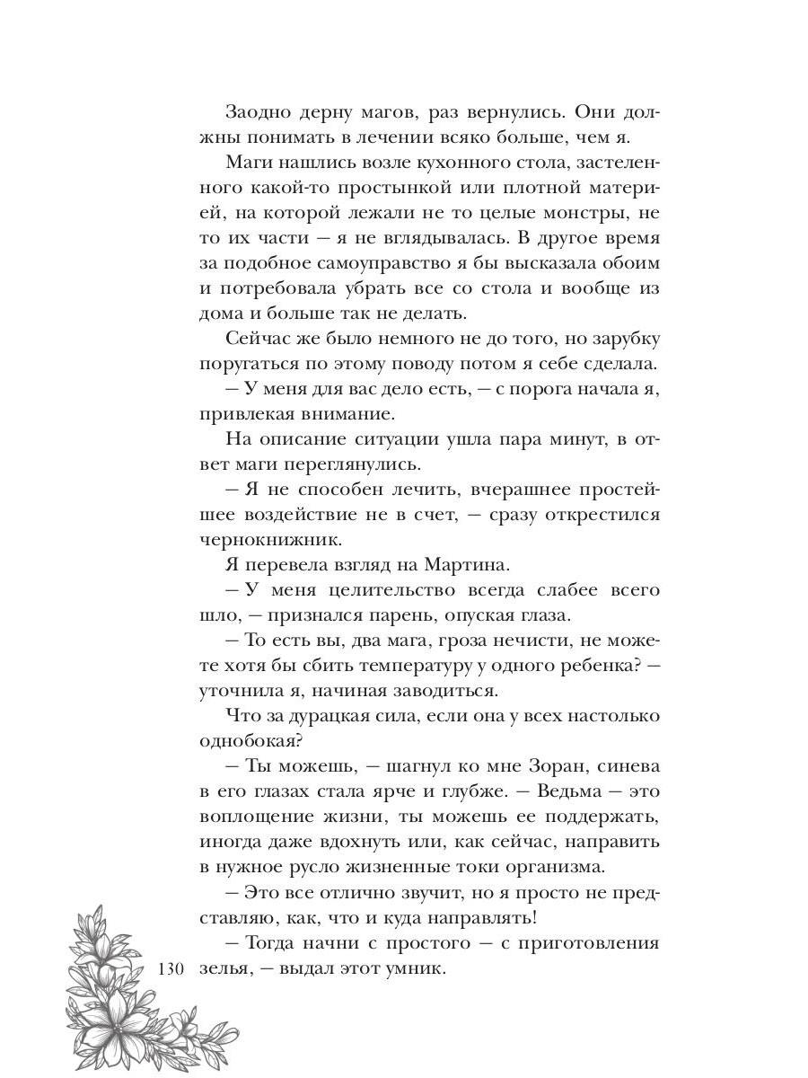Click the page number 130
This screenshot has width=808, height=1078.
(170, 969)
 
